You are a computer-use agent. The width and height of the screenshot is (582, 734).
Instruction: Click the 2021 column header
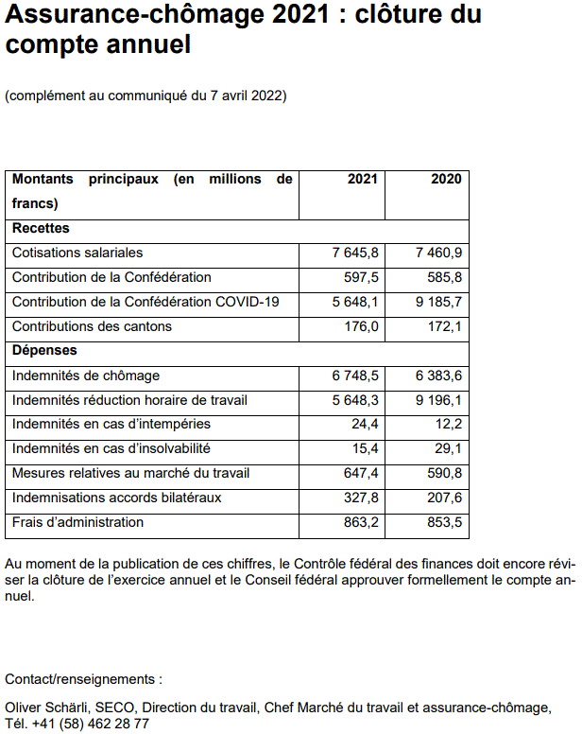(x=362, y=180)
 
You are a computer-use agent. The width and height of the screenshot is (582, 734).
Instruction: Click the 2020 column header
(x=446, y=180)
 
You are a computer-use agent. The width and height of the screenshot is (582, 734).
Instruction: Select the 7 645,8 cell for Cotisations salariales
(x=355, y=253)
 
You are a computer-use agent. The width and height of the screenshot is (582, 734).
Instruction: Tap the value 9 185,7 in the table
(x=438, y=303)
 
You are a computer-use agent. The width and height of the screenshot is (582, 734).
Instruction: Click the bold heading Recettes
(x=41, y=229)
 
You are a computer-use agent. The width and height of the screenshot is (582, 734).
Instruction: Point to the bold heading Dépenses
(x=44, y=352)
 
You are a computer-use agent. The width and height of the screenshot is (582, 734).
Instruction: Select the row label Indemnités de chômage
(x=79, y=376)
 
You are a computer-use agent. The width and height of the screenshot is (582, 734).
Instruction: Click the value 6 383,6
(x=438, y=376)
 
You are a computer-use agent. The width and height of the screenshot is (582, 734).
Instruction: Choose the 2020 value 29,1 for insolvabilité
(x=449, y=449)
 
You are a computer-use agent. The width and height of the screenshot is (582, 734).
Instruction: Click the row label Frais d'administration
(x=77, y=523)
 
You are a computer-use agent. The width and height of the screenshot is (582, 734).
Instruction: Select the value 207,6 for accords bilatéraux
(x=445, y=498)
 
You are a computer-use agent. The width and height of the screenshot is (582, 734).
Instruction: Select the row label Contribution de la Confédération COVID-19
(x=145, y=303)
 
